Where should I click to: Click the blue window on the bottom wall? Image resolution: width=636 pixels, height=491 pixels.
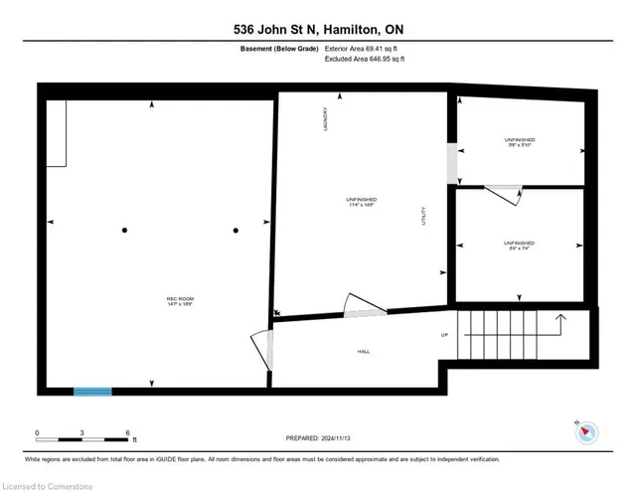click(92, 391)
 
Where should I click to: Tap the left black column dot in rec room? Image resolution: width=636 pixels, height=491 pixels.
click(124, 231)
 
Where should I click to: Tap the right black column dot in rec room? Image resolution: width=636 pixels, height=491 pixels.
click(236, 231)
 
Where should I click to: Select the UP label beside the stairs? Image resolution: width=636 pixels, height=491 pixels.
click(444, 335)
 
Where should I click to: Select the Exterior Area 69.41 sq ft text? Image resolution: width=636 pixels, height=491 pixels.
click(366, 49)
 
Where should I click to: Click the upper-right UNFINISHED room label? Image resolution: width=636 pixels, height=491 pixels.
click(519, 142)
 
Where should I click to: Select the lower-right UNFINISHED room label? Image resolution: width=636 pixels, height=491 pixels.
click(519, 245)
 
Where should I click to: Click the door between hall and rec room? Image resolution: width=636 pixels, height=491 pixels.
click(261, 351)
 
